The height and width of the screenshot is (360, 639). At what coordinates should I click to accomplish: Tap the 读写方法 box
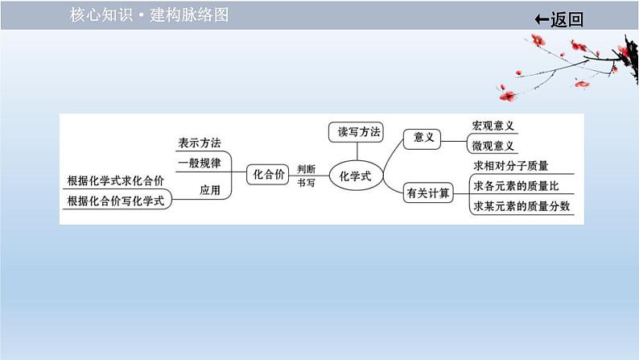356,132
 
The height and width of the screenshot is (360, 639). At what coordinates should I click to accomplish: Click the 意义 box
424,138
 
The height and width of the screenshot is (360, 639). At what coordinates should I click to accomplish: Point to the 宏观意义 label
493,126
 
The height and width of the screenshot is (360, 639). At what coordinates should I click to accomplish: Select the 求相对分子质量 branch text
511,166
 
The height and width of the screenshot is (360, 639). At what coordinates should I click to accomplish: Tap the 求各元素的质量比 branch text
516,186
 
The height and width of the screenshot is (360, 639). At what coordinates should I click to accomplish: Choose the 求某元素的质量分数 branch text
522,206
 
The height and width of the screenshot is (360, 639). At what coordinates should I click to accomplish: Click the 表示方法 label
199,143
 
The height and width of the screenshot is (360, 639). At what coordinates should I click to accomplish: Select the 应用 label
209,190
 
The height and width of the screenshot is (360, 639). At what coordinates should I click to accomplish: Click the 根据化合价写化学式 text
116,201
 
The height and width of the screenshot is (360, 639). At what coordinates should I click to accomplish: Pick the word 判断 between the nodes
306,168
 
